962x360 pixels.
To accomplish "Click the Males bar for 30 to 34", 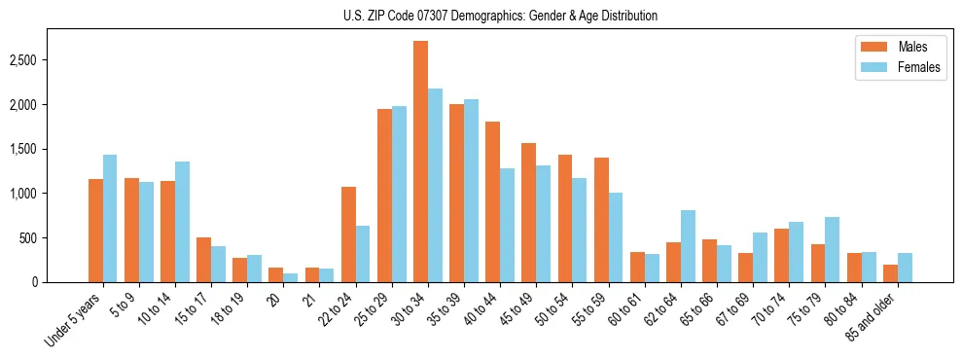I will (x=420, y=162).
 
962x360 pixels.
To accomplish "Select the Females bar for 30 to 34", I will (x=435, y=185).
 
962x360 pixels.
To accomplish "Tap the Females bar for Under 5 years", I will (x=110, y=218).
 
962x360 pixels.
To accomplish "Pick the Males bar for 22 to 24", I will (x=348, y=234).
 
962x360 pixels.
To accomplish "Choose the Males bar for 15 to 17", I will (x=203, y=260).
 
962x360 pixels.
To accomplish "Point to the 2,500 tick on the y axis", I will (x=51, y=60).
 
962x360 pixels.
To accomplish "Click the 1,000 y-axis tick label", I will (x=51, y=194).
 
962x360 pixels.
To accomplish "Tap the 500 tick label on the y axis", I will (x=56, y=238).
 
